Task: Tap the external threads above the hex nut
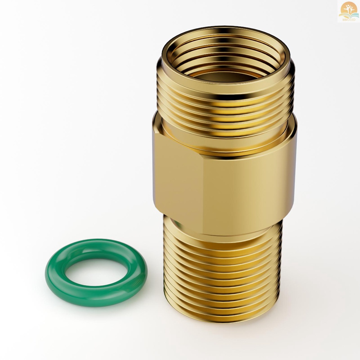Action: coord(225,105)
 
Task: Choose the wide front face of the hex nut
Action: coord(246,183)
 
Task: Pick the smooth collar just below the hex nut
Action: coord(221,232)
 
